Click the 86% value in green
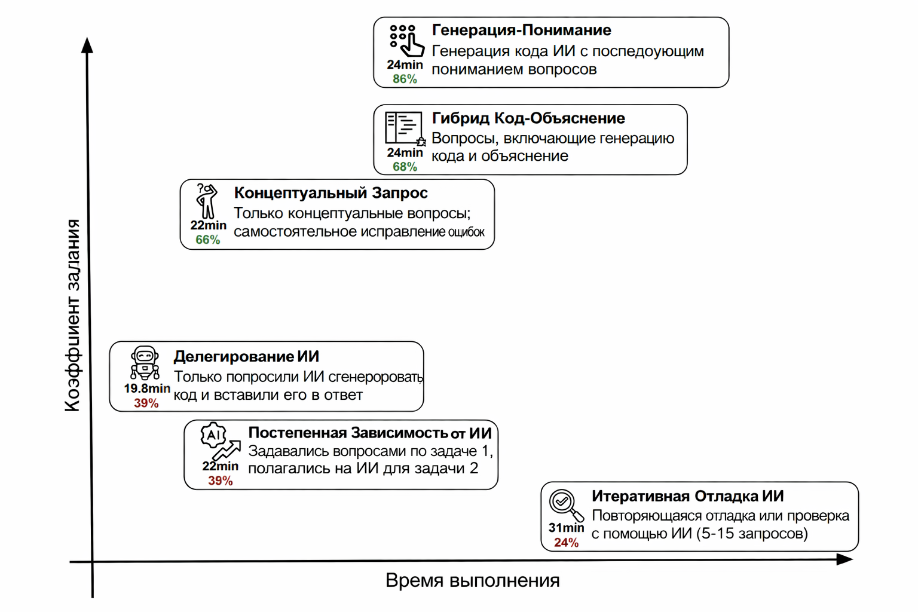405,79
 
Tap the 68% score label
405,167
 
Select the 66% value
207,240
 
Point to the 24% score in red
565,543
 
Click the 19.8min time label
147,388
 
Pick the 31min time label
565,528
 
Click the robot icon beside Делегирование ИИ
145,362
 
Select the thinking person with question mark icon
206,201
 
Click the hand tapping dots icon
406,41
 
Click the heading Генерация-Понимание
521,30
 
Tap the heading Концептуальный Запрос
331,193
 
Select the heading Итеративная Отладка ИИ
687,496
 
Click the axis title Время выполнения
472,580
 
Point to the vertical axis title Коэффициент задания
72,315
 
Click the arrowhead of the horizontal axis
844,559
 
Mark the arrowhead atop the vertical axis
87,45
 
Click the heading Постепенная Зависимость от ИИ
369,433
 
